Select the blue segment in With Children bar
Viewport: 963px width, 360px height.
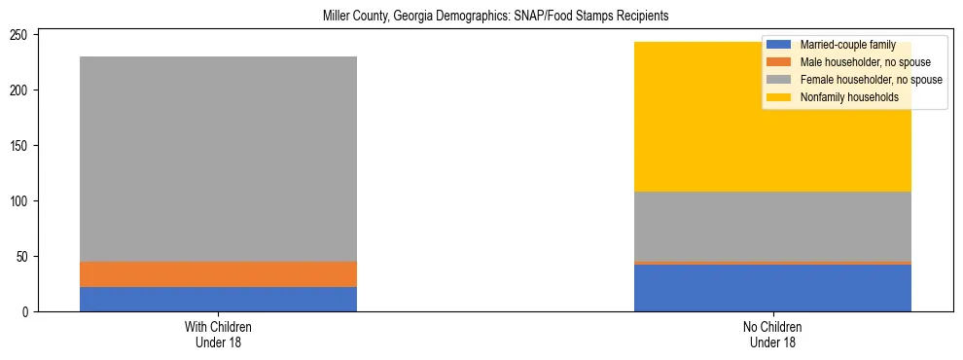pyautogui.click(x=218, y=299)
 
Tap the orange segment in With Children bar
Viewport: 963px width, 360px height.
pyautogui.click(x=218, y=274)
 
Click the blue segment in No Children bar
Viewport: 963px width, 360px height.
pyautogui.click(x=772, y=288)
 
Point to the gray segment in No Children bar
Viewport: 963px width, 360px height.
pyautogui.click(x=772, y=226)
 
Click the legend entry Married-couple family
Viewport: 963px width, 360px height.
pyautogui.click(x=847, y=45)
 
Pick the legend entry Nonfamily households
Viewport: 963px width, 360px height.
pyautogui.click(x=847, y=97)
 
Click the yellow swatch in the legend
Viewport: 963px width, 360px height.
pyautogui.click(x=779, y=97)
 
